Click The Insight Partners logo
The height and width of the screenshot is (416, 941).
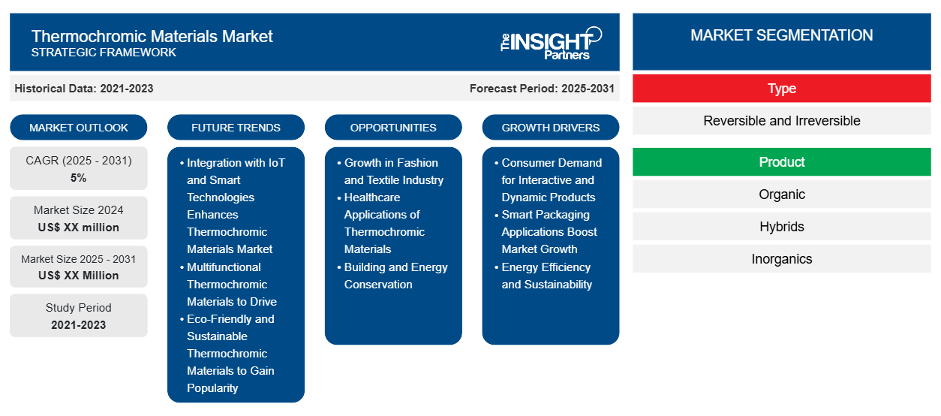(551, 44)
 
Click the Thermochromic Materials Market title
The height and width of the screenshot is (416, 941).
(152, 36)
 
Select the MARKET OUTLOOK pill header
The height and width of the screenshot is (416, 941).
(79, 128)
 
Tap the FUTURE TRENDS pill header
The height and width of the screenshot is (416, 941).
(236, 128)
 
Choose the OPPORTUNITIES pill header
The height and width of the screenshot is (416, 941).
(393, 128)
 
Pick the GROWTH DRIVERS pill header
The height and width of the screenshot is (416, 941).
(550, 128)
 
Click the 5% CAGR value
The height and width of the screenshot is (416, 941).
(78, 178)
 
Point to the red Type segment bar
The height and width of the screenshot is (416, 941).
(782, 89)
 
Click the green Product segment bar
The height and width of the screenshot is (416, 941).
(782, 161)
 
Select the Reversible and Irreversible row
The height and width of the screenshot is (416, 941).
(782, 121)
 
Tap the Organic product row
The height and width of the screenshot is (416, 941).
(782, 194)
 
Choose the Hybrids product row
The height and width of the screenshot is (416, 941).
(782, 227)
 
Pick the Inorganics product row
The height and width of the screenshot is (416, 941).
(782, 259)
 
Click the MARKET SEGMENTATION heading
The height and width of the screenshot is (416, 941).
(782, 35)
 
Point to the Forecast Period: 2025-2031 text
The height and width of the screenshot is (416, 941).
(542, 89)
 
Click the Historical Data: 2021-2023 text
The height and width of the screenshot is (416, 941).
(84, 89)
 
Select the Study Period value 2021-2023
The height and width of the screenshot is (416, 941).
(79, 325)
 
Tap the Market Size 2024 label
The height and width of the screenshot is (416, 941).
(79, 210)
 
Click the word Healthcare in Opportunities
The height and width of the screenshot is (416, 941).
(372, 197)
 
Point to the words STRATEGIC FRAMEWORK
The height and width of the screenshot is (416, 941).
(104, 53)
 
